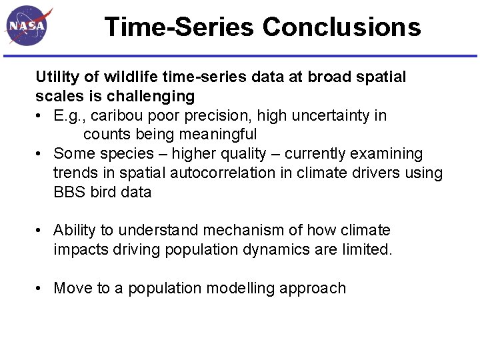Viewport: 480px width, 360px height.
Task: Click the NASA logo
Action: click(x=28, y=27)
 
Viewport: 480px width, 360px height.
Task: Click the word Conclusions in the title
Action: click(x=341, y=27)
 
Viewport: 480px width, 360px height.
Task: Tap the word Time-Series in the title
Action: click(x=179, y=27)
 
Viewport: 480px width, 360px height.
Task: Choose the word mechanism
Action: click(x=243, y=231)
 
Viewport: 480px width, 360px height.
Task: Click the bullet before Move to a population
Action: click(x=41, y=289)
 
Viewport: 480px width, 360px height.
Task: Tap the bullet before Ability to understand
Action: click(x=41, y=231)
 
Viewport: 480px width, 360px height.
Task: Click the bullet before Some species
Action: click(x=41, y=154)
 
